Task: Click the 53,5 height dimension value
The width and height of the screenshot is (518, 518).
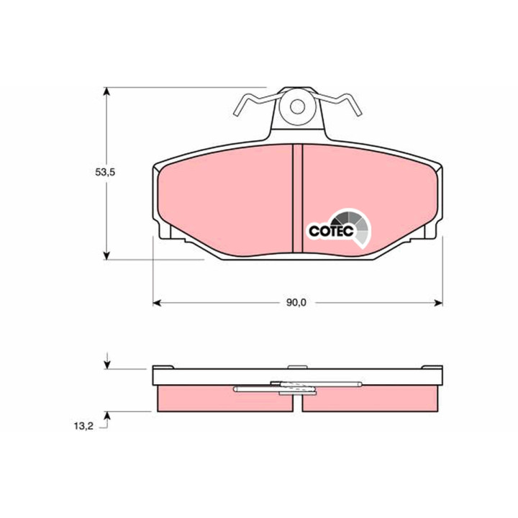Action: point(105,172)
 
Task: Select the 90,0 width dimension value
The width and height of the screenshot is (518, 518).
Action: point(296,303)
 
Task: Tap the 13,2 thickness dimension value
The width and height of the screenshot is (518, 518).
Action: point(83,426)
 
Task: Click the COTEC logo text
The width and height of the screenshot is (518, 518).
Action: point(332,231)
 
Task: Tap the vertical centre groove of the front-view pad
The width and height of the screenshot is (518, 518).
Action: point(298,198)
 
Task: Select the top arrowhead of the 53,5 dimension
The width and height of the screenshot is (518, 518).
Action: point(106,91)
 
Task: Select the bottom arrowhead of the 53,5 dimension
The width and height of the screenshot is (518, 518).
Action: point(106,255)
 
